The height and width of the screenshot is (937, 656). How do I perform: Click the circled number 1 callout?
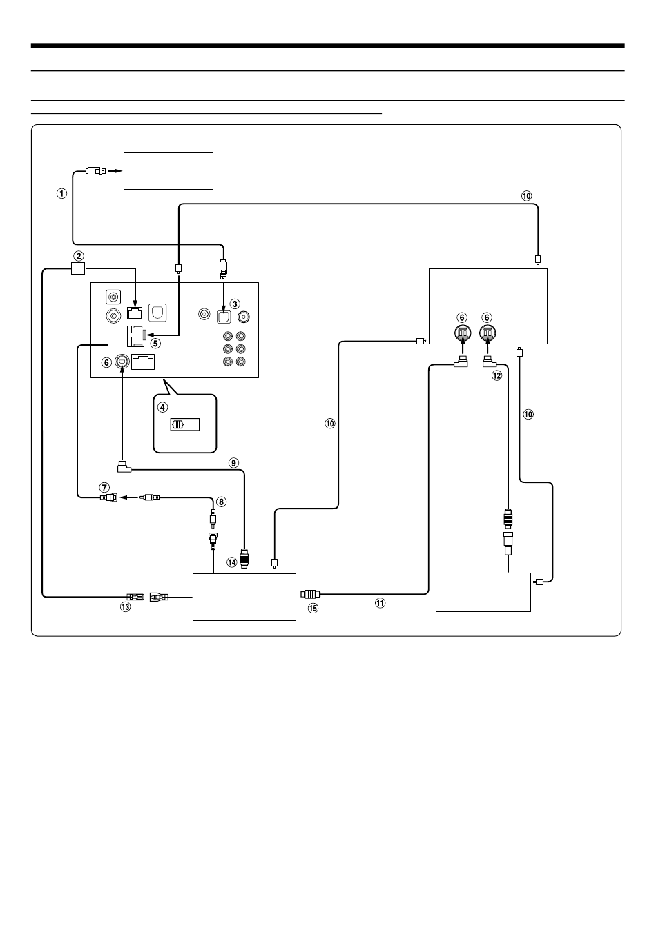[x=61, y=194]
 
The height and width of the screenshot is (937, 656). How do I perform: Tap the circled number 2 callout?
[x=78, y=256]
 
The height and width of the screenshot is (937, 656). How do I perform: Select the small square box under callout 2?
[x=78, y=268]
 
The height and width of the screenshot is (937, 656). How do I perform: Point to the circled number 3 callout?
[x=235, y=304]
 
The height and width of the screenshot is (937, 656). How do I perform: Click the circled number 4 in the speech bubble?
[x=162, y=407]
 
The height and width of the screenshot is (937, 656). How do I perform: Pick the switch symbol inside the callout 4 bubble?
[x=184, y=424]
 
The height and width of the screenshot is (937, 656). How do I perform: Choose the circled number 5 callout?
[x=155, y=344]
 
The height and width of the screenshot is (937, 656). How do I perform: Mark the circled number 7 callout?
[x=104, y=487]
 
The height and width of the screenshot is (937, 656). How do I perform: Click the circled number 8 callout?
[x=222, y=502]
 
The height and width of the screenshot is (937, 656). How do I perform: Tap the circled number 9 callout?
[x=233, y=463]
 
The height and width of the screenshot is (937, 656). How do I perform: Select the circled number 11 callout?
[x=380, y=603]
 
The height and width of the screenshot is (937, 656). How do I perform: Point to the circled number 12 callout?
[x=497, y=375]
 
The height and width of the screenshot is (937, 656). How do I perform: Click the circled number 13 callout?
[x=125, y=607]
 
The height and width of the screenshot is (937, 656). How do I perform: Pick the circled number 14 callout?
[x=232, y=562]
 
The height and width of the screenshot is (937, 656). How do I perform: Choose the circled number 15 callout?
[x=313, y=608]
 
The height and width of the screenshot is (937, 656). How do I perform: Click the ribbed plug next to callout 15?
[x=311, y=593]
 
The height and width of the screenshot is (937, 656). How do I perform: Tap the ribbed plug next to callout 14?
[x=244, y=559]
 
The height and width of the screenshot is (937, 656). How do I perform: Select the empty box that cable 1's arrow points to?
[x=168, y=171]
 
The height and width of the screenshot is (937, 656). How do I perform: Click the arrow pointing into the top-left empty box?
[x=115, y=171]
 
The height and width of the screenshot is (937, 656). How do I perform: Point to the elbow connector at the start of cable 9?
[x=124, y=467]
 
